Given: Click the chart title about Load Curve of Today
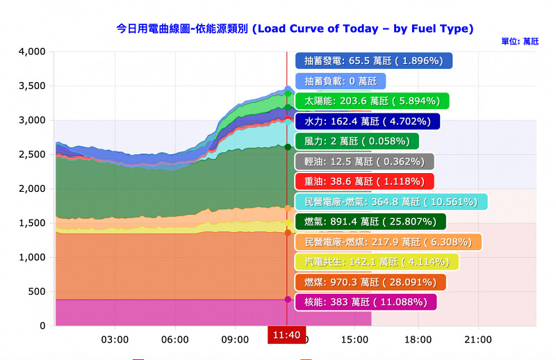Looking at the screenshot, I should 295,28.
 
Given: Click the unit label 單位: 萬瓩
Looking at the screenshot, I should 519,42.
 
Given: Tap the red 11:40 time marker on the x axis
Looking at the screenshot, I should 286,335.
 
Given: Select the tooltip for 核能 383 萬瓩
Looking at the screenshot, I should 366,302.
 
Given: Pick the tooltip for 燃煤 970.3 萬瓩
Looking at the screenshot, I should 370,282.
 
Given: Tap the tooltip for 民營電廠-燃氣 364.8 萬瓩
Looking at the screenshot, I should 391,202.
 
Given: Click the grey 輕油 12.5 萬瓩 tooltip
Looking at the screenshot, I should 364,162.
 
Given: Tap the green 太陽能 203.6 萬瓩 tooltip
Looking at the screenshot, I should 372,101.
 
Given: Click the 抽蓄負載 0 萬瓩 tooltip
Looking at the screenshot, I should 340,81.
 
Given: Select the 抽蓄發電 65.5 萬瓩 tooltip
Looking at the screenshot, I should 373,61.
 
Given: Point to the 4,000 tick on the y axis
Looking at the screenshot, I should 32,52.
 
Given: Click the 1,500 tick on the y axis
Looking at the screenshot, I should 32,223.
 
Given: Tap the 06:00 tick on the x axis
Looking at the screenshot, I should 174,340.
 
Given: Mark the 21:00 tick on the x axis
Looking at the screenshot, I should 477,340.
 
